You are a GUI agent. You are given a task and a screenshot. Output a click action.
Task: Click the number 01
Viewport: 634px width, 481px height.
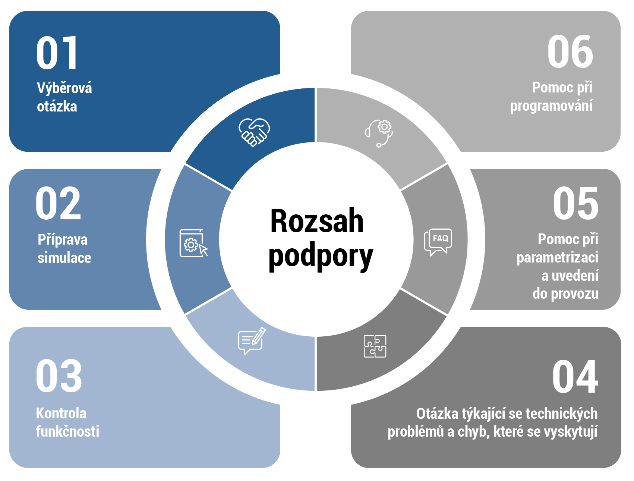pyautogui.click(x=57, y=53)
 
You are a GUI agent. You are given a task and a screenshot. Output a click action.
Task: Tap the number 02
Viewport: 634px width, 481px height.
pyautogui.click(x=58, y=204)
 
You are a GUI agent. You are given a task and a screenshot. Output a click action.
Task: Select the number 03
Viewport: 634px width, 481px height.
pyautogui.click(x=59, y=376)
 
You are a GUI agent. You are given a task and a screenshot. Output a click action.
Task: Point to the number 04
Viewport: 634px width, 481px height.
pyautogui.click(x=575, y=377)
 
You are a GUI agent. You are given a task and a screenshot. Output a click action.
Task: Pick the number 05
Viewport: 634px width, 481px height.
pyautogui.click(x=575, y=204)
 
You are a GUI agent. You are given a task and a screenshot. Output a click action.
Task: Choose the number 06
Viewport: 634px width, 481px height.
pyautogui.click(x=570, y=52)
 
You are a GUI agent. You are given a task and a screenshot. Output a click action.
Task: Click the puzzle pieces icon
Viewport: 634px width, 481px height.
pyautogui.click(x=375, y=346)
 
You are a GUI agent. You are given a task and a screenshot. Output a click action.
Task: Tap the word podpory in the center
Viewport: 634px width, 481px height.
pyautogui.click(x=321, y=257)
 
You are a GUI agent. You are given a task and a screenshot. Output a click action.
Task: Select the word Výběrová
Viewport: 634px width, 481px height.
pyautogui.click(x=64, y=88)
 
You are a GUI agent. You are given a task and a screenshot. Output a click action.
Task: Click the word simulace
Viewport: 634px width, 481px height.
pyautogui.click(x=64, y=258)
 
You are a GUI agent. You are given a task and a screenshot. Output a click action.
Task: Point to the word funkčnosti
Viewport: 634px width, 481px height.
pyautogui.click(x=67, y=431)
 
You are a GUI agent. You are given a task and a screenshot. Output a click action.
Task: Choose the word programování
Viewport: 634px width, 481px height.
pyautogui.click(x=551, y=106)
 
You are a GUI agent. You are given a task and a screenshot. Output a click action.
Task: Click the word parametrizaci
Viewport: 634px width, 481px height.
pyautogui.click(x=557, y=258)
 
